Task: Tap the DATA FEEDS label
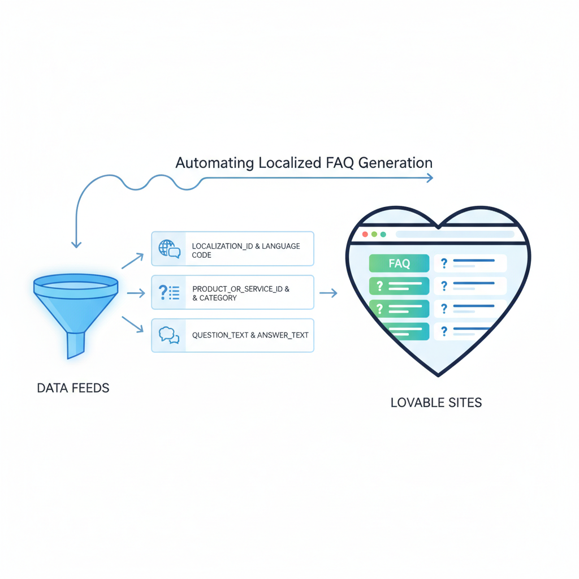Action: [73, 388]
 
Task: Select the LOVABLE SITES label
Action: [436, 403]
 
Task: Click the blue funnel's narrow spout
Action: [75, 344]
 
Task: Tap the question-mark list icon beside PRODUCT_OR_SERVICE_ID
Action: [169, 292]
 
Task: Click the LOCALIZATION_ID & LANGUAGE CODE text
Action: [245, 250]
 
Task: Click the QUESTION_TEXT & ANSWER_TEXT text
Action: [250, 335]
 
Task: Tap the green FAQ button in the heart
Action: [399, 263]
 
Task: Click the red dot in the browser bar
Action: [365, 234]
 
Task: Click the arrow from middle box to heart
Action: [329, 293]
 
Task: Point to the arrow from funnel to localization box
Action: [133, 261]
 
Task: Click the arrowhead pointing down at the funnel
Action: [76, 244]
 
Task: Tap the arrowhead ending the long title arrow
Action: [430, 178]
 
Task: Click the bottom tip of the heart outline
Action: [438, 374]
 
